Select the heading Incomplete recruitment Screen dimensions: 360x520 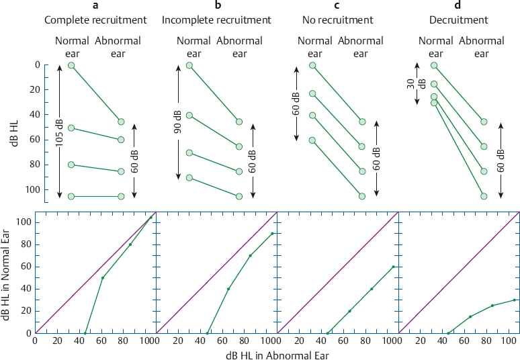pos(216,19)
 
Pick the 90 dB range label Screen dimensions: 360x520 pos(179,122)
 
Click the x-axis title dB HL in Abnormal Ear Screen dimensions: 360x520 pos(277,354)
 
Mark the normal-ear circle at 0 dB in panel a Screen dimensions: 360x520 pos(72,65)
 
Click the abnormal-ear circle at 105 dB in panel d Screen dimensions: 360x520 pos(484,196)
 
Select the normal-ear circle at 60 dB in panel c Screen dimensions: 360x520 pos(312,140)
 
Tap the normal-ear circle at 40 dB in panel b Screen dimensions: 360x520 pos(189,116)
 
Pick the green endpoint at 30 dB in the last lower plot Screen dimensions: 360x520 pos(514,300)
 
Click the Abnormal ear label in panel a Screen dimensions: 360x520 pos(118,46)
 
